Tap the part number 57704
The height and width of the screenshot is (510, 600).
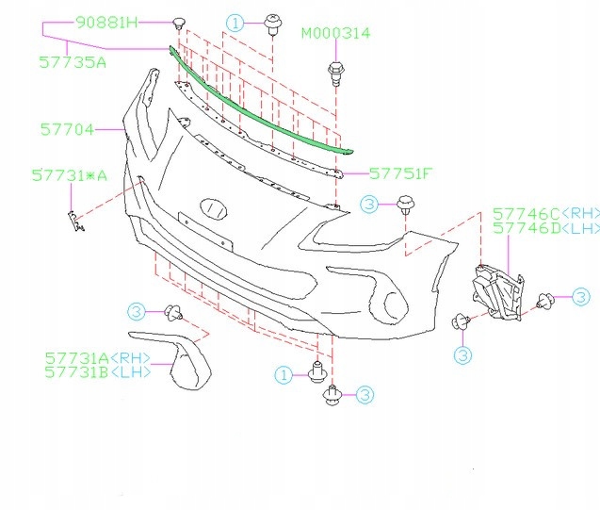(67, 130)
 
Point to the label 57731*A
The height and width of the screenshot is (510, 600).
(69, 175)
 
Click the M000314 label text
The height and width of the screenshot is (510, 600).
(335, 33)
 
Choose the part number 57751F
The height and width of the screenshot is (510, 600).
(400, 173)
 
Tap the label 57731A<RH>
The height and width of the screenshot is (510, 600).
(98, 359)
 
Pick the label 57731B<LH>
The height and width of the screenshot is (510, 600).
(98, 373)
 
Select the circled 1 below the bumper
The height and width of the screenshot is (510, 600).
(284, 375)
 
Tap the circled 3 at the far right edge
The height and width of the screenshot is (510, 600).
(581, 298)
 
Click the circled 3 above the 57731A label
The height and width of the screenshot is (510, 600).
(136, 311)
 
